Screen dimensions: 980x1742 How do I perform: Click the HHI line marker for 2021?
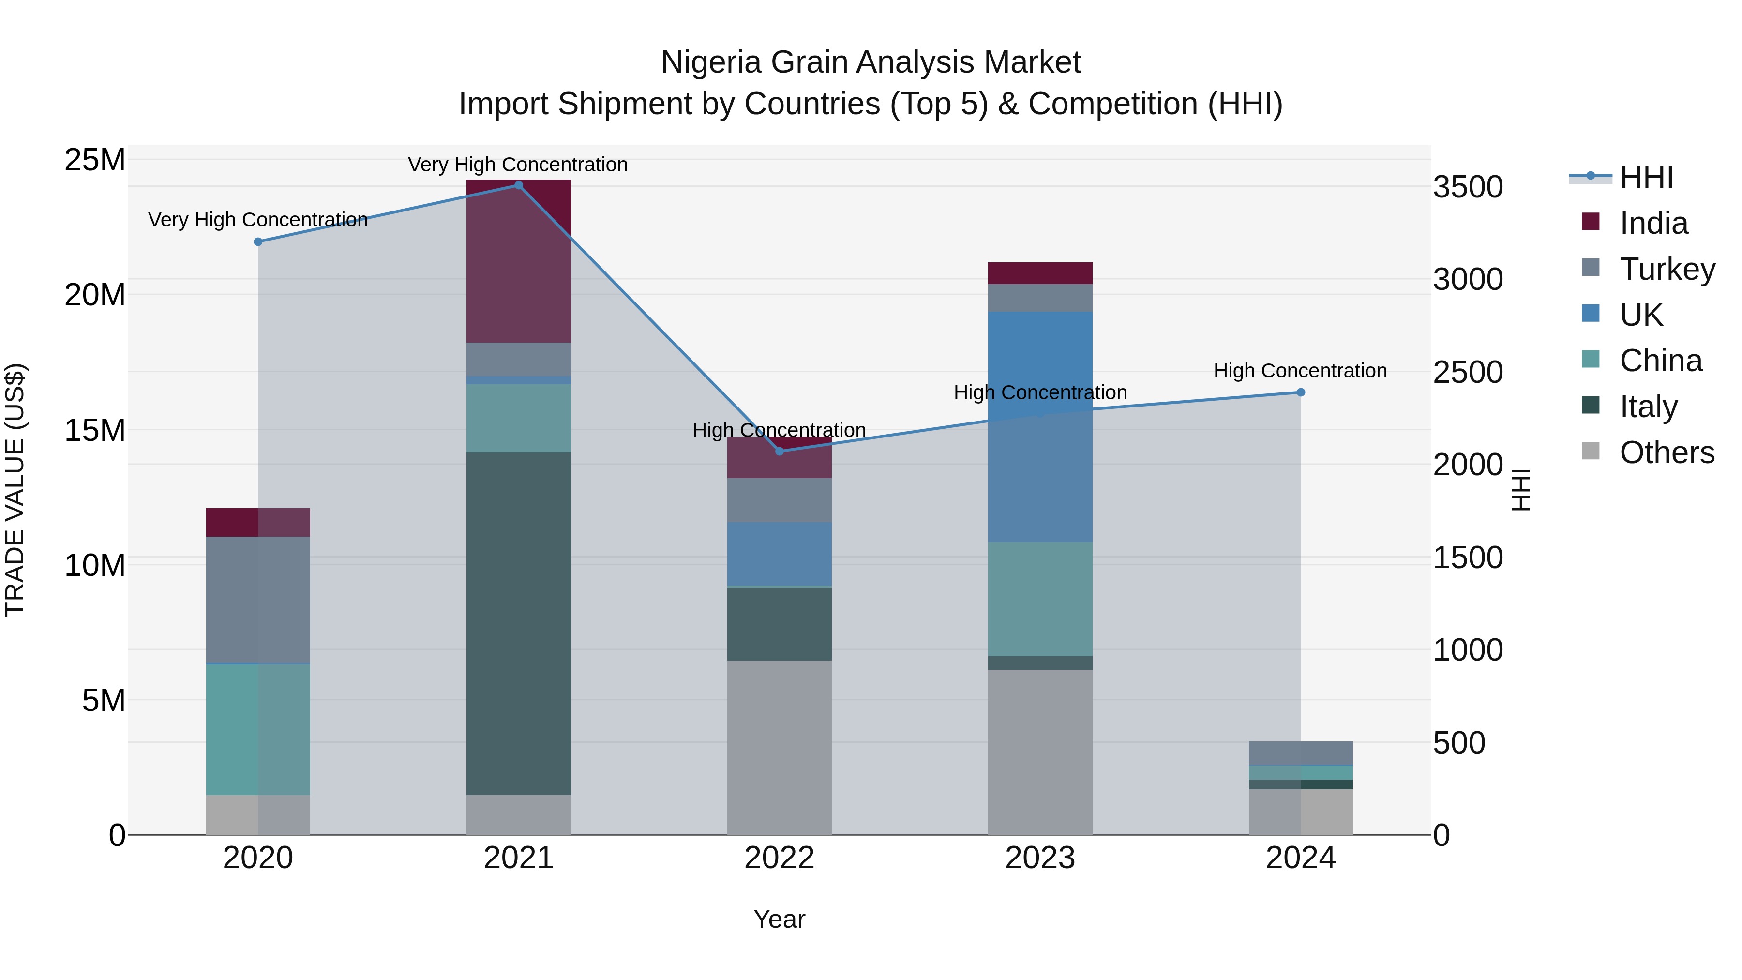[x=519, y=185]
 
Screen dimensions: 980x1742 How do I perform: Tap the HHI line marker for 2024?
[x=1300, y=392]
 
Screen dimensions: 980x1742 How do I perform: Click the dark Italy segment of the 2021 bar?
[x=519, y=622]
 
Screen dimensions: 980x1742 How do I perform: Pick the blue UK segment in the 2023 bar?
[x=1040, y=426]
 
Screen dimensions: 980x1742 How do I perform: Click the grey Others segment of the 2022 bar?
[x=779, y=747]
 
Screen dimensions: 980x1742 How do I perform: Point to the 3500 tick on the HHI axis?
[x=1468, y=187]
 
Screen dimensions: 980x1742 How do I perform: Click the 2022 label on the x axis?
[x=779, y=858]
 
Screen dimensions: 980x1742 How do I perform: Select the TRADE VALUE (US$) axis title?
[x=15, y=490]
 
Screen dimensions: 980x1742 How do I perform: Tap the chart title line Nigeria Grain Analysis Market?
[x=871, y=62]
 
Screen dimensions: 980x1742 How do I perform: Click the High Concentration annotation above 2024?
[x=1300, y=371]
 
